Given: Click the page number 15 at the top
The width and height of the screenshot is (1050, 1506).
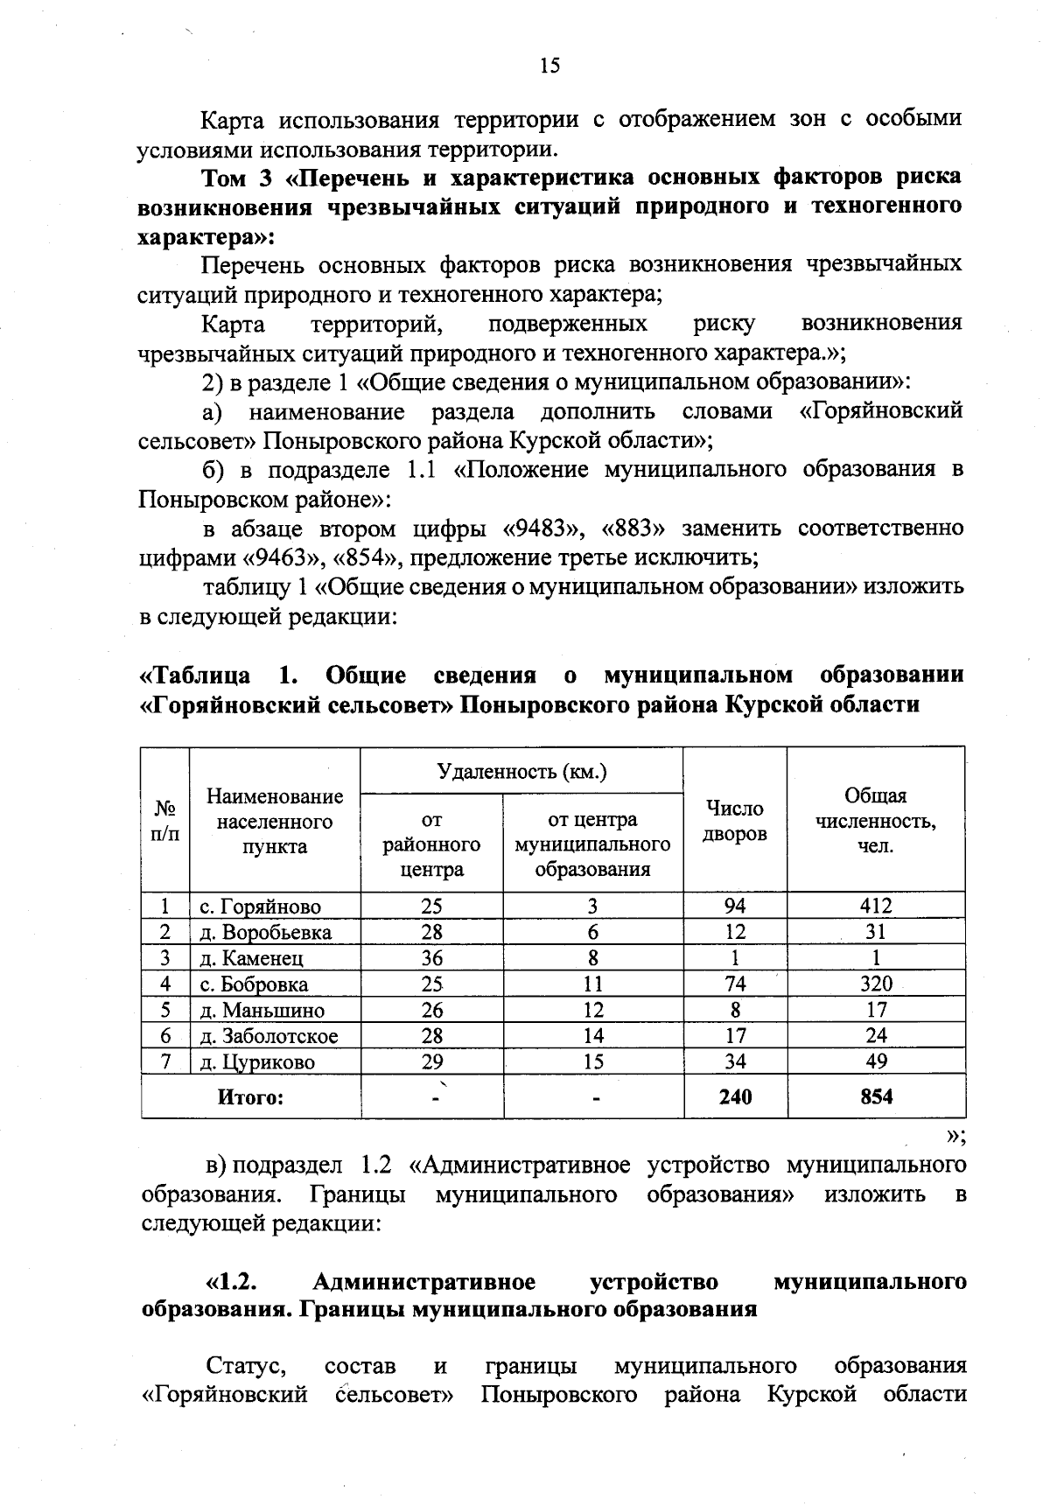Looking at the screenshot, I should point(549,67).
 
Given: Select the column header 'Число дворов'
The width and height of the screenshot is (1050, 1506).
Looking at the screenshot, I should point(735,822).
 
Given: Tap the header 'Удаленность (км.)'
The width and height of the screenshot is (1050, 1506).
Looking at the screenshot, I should point(522,772).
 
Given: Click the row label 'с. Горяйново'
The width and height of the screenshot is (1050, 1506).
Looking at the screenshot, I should point(261,907).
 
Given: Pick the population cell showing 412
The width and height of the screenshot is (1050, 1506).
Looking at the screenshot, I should point(875,906).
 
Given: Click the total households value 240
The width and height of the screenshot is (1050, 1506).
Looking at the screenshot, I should point(735,1096).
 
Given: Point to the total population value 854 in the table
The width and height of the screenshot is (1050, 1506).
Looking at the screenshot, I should point(875,1096).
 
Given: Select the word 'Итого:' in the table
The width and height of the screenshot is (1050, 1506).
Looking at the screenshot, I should point(251,1096).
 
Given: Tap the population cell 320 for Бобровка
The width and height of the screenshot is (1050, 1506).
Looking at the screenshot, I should point(875,984).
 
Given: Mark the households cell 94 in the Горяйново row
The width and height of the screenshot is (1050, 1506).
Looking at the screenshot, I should point(735,906).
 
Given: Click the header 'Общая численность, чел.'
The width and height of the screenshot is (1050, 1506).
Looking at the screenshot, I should point(875,822).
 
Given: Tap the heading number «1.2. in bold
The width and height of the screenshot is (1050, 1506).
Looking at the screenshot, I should point(230,1282).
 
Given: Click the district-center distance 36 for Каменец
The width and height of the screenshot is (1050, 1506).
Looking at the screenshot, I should point(431,958).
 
